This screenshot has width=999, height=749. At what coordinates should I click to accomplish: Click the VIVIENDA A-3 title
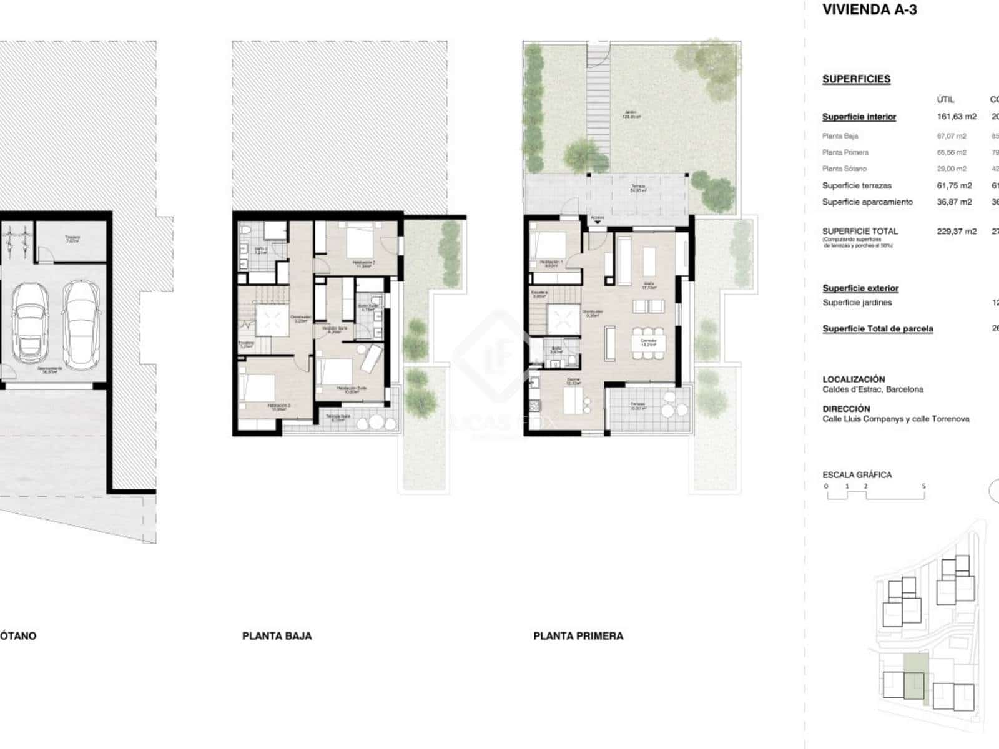[869, 10]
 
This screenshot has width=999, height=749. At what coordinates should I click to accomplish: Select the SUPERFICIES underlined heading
[856, 79]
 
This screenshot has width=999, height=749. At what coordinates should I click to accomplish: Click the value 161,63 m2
[956, 117]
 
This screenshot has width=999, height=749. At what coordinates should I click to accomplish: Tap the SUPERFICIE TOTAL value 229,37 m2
[956, 231]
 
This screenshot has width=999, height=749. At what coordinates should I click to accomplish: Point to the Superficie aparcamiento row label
[867, 202]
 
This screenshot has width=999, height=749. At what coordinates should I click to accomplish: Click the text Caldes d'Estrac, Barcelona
[872, 389]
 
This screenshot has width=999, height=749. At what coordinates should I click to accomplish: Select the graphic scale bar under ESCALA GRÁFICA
[875, 495]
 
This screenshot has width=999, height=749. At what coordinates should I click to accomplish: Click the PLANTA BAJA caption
[277, 636]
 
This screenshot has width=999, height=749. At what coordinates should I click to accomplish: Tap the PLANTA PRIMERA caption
[578, 636]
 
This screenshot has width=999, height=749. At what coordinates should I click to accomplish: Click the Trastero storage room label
[72, 238]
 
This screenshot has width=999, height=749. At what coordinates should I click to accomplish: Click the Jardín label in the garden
[632, 115]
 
